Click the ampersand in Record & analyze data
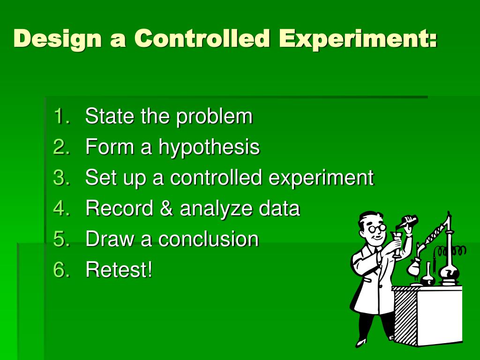[166, 209]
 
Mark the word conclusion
[208, 240]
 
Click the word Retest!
[119, 270]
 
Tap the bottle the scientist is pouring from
[409, 220]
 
